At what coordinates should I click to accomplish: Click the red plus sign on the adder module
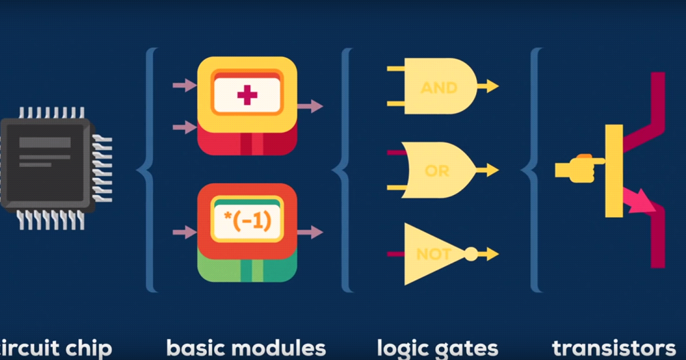pos(247,96)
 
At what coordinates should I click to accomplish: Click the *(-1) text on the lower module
pos(247,220)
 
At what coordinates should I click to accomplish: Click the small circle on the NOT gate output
pos(471,254)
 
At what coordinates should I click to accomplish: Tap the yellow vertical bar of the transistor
pos(614,171)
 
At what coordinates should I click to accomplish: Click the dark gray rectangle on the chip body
pos(45,142)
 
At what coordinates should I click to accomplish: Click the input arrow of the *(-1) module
pos(184,232)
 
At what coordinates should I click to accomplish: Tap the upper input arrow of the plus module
pos(184,85)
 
